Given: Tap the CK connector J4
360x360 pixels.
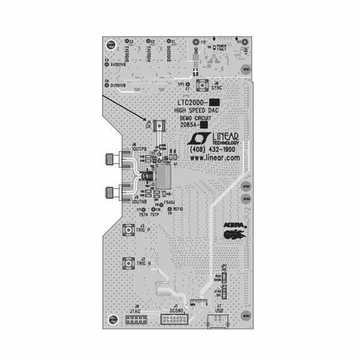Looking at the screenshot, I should click(159, 125).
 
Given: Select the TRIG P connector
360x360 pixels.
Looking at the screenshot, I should click(128, 230).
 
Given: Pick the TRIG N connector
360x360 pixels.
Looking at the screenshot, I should click(128, 263).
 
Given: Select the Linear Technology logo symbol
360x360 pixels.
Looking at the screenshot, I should click(196, 139).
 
